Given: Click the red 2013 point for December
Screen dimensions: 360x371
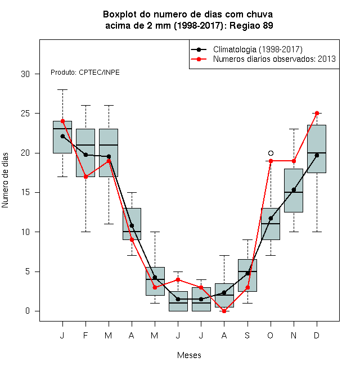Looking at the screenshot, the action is click(317, 114).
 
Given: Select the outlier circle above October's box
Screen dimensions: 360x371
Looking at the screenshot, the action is click(271, 153).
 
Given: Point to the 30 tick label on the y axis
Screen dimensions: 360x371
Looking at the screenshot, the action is click(25, 74).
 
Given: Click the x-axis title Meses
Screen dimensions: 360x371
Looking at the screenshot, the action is click(189, 355).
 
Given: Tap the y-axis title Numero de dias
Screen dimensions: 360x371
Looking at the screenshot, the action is click(5, 180).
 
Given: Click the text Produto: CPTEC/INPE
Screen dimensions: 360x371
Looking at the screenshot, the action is click(85, 73).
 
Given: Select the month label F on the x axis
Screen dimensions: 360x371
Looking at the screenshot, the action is click(85, 335).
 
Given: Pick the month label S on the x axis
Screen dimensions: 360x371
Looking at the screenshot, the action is click(247, 335).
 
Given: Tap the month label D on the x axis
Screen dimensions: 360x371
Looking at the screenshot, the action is click(317, 335).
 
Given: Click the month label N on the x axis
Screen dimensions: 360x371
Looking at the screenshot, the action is click(294, 335).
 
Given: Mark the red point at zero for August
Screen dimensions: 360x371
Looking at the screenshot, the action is click(224, 311).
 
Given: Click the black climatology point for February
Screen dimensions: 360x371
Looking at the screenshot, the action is click(85, 155).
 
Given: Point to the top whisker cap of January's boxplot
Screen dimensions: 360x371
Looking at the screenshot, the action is click(62, 90).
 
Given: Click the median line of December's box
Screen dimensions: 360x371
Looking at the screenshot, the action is click(317, 153).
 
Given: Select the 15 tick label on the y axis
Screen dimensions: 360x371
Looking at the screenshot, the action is click(25, 192).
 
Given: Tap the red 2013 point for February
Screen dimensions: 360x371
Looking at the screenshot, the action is click(85, 177).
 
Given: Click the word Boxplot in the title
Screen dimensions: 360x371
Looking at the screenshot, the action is click(120, 15).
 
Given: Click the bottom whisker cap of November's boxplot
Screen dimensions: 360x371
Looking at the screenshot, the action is click(294, 232).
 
